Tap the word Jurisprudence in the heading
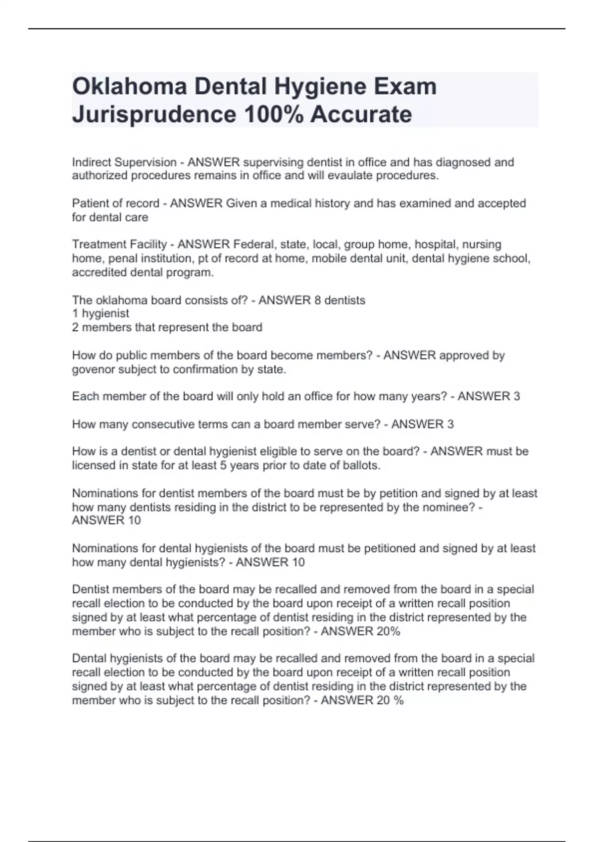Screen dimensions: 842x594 click(154, 114)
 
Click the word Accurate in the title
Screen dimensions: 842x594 click(361, 114)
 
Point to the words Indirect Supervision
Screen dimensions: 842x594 click(124, 162)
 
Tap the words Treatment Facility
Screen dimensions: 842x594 click(119, 245)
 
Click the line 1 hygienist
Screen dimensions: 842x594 click(100, 314)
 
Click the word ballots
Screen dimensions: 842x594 click(361, 466)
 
